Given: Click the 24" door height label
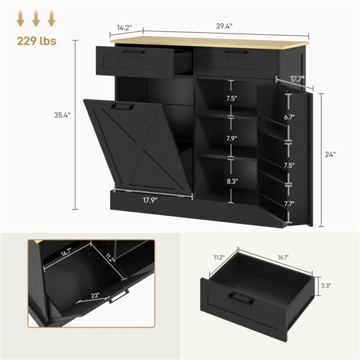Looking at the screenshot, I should pyautogui.click(x=330, y=154).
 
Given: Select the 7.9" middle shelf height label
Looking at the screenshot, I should pyautogui.click(x=232, y=139).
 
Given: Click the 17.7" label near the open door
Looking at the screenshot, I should pyautogui.click(x=296, y=79).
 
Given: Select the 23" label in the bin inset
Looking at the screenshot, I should pyautogui.click(x=96, y=295).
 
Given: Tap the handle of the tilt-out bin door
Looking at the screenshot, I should pyautogui.click(x=124, y=107).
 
